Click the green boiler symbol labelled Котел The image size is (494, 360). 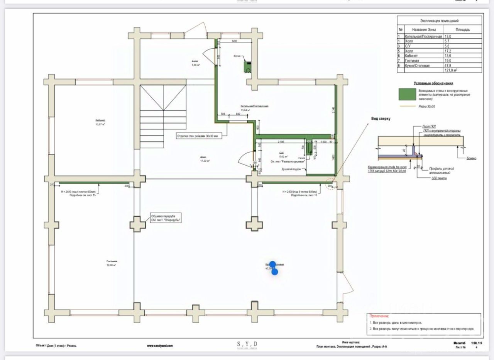coord(247,66)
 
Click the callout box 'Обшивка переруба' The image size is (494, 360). coord(166,218)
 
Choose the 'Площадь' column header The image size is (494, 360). coord(462,29)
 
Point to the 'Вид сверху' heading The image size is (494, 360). coord(381,119)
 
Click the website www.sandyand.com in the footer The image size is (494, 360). coord(160,346)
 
